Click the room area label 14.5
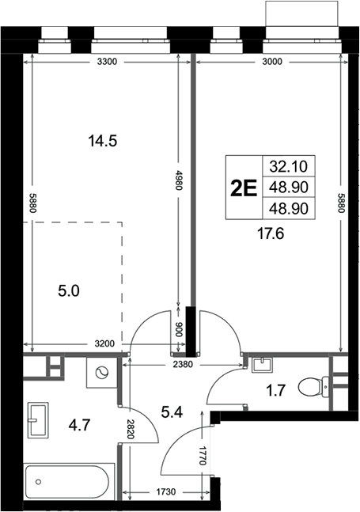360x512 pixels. point(103,142)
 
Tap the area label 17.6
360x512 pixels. point(271,233)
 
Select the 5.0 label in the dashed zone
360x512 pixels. point(69,291)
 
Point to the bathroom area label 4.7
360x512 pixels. point(79,425)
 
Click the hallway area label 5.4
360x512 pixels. point(172,412)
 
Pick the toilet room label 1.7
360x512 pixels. point(276,390)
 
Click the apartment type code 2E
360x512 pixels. point(244,188)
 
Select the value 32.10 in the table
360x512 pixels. point(289,166)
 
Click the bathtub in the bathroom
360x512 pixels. point(67,482)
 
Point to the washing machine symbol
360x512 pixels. point(101,373)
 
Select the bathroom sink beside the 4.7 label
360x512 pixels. point(38,420)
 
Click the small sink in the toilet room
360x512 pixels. point(263,365)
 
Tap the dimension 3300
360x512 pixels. point(107,62)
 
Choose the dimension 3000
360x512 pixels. point(272,62)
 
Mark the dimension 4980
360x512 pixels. point(177,180)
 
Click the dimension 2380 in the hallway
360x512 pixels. point(183,364)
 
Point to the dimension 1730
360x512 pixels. point(166,491)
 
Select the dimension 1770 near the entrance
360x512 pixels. point(203,455)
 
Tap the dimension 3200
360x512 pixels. point(104,343)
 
